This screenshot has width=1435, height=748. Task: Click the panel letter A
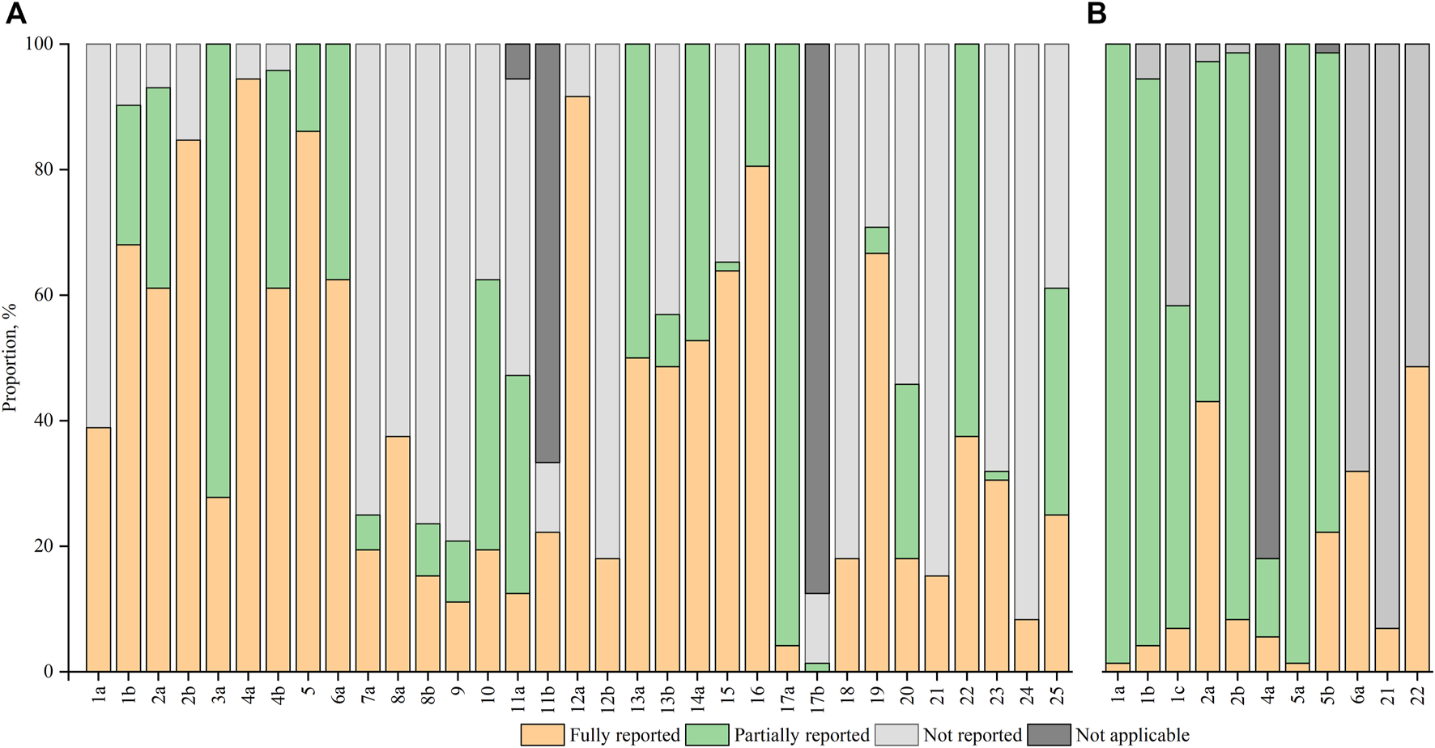pyautogui.click(x=15, y=14)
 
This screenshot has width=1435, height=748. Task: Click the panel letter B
pyautogui.click(x=1096, y=14)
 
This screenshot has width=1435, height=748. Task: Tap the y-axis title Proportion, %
pyautogui.click(x=11, y=357)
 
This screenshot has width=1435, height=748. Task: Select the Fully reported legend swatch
pyautogui.click(x=543, y=735)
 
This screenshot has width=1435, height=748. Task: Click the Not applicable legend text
pyautogui.click(x=1132, y=736)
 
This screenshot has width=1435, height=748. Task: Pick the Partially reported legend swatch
pyautogui.click(x=707, y=735)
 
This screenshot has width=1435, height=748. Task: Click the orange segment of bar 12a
pyautogui.click(x=577, y=381)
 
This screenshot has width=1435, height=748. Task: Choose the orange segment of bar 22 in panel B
pyautogui.click(x=1417, y=519)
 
